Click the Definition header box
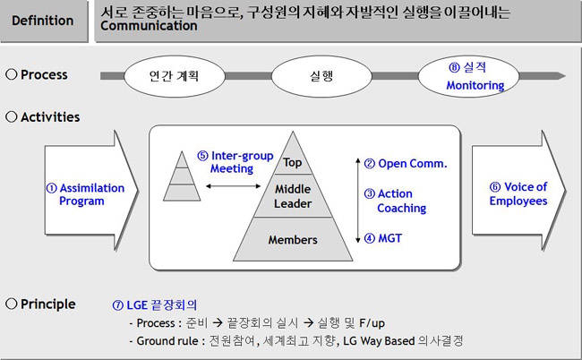pos(44,21)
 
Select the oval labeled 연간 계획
pos(174,76)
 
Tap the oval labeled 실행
pos(321,76)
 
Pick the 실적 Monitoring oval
pos(468,76)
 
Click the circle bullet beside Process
pos(12,74)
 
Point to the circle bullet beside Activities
pos(12,117)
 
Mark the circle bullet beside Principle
pos(12,304)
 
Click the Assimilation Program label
pos(85,194)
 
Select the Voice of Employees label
pos(518,193)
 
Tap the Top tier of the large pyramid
pos(293,159)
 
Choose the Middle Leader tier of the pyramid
pos(293,196)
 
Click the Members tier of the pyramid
pos(293,239)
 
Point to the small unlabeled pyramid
pos(182,176)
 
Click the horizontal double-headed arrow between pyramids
pos(233,186)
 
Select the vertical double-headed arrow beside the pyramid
pos(358,201)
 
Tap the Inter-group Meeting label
pos(235,162)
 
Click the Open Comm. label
pos(406,163)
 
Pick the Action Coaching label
pos(395,201)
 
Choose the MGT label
pos(383,238)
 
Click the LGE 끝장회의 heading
pos(154,305)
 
